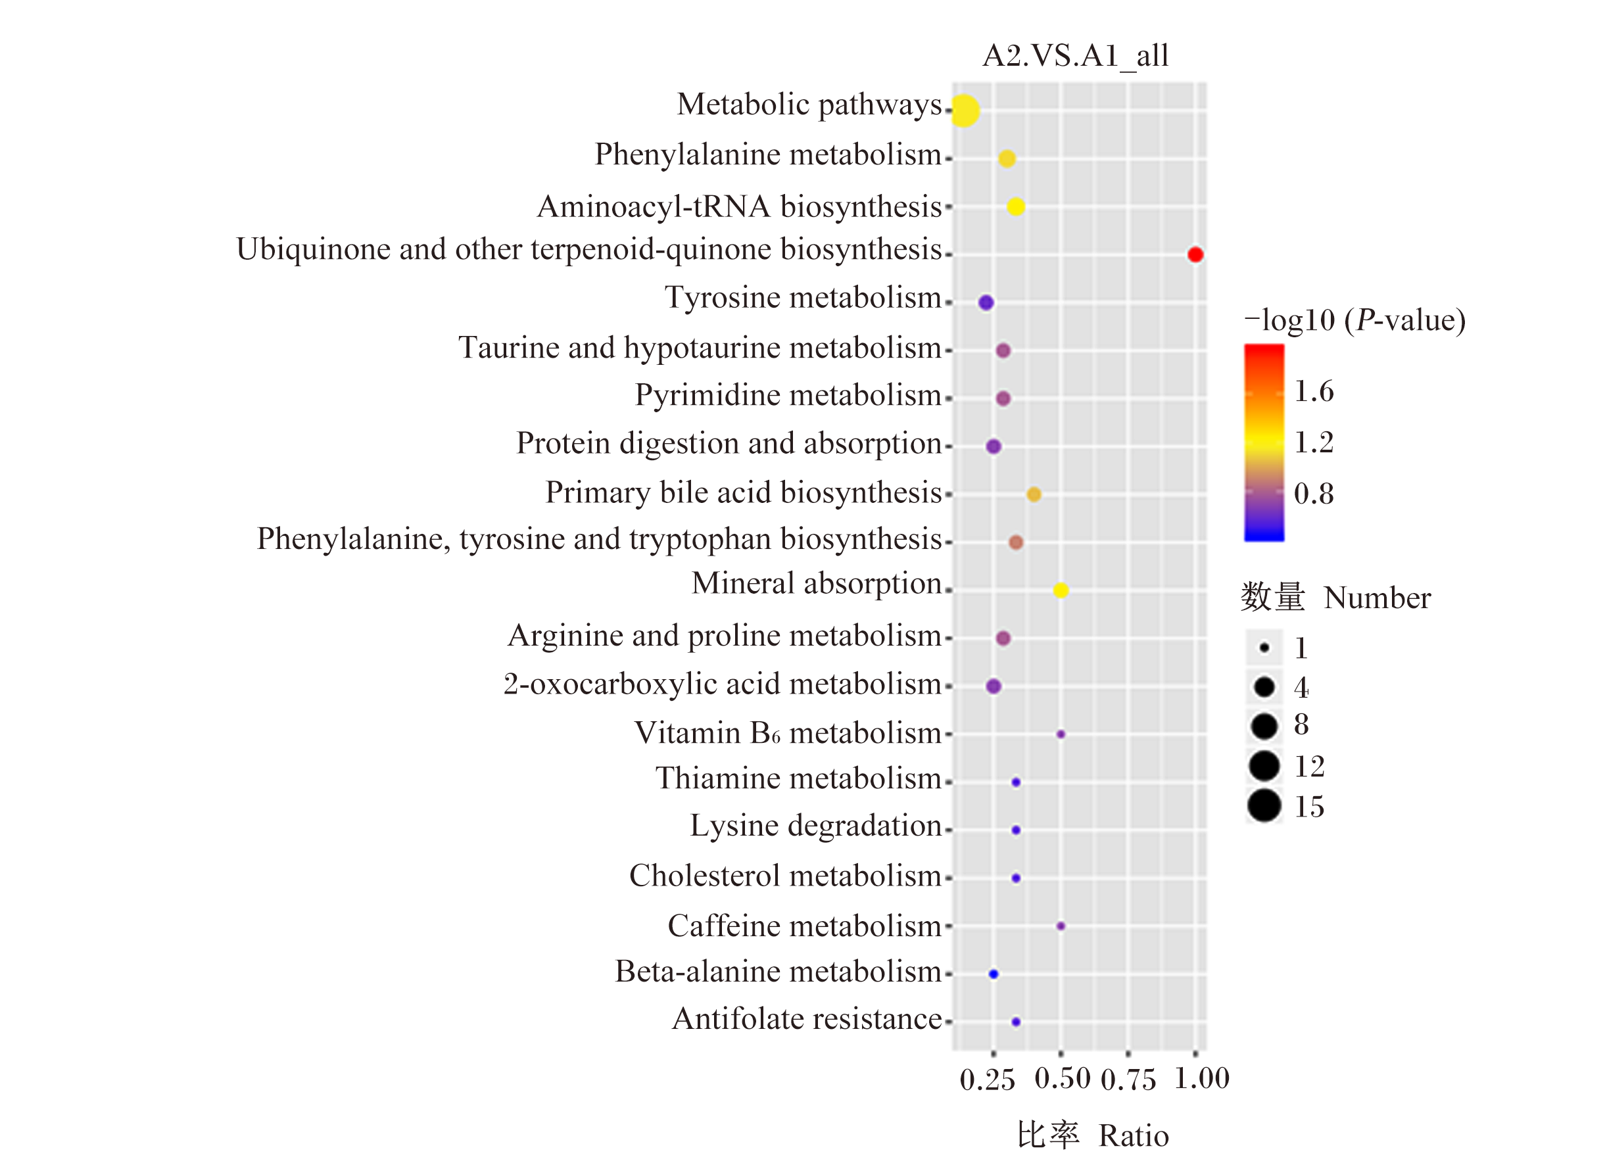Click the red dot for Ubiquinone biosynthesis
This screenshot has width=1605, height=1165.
pos(1195,255)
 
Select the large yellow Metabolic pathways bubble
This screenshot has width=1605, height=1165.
pos(965,111)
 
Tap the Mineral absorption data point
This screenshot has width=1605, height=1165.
pos(1060,590)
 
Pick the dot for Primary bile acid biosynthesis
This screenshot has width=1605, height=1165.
pos(1033,494)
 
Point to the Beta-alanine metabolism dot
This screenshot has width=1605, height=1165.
pos(993,974)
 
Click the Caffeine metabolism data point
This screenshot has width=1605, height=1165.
pos(1060,926)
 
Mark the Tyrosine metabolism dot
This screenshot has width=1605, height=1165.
pos(986,303)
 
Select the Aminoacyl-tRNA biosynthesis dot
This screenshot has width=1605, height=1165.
pos(1015,206)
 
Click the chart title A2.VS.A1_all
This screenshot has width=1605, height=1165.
pos(1076,56)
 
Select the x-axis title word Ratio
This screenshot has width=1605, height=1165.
pos(1134,1136)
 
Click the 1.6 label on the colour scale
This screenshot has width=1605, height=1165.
pos(1314,391)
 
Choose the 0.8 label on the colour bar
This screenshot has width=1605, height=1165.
pos(1314,493)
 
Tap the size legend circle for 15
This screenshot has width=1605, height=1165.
pos(1264,805)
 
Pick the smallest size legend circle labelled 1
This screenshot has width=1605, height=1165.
pos(1264,648)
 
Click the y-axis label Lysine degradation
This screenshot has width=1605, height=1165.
pos(816,826)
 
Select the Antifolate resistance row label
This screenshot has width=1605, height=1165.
pos(807,1019)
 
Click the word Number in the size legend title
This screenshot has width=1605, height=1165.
pos(1377,598)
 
